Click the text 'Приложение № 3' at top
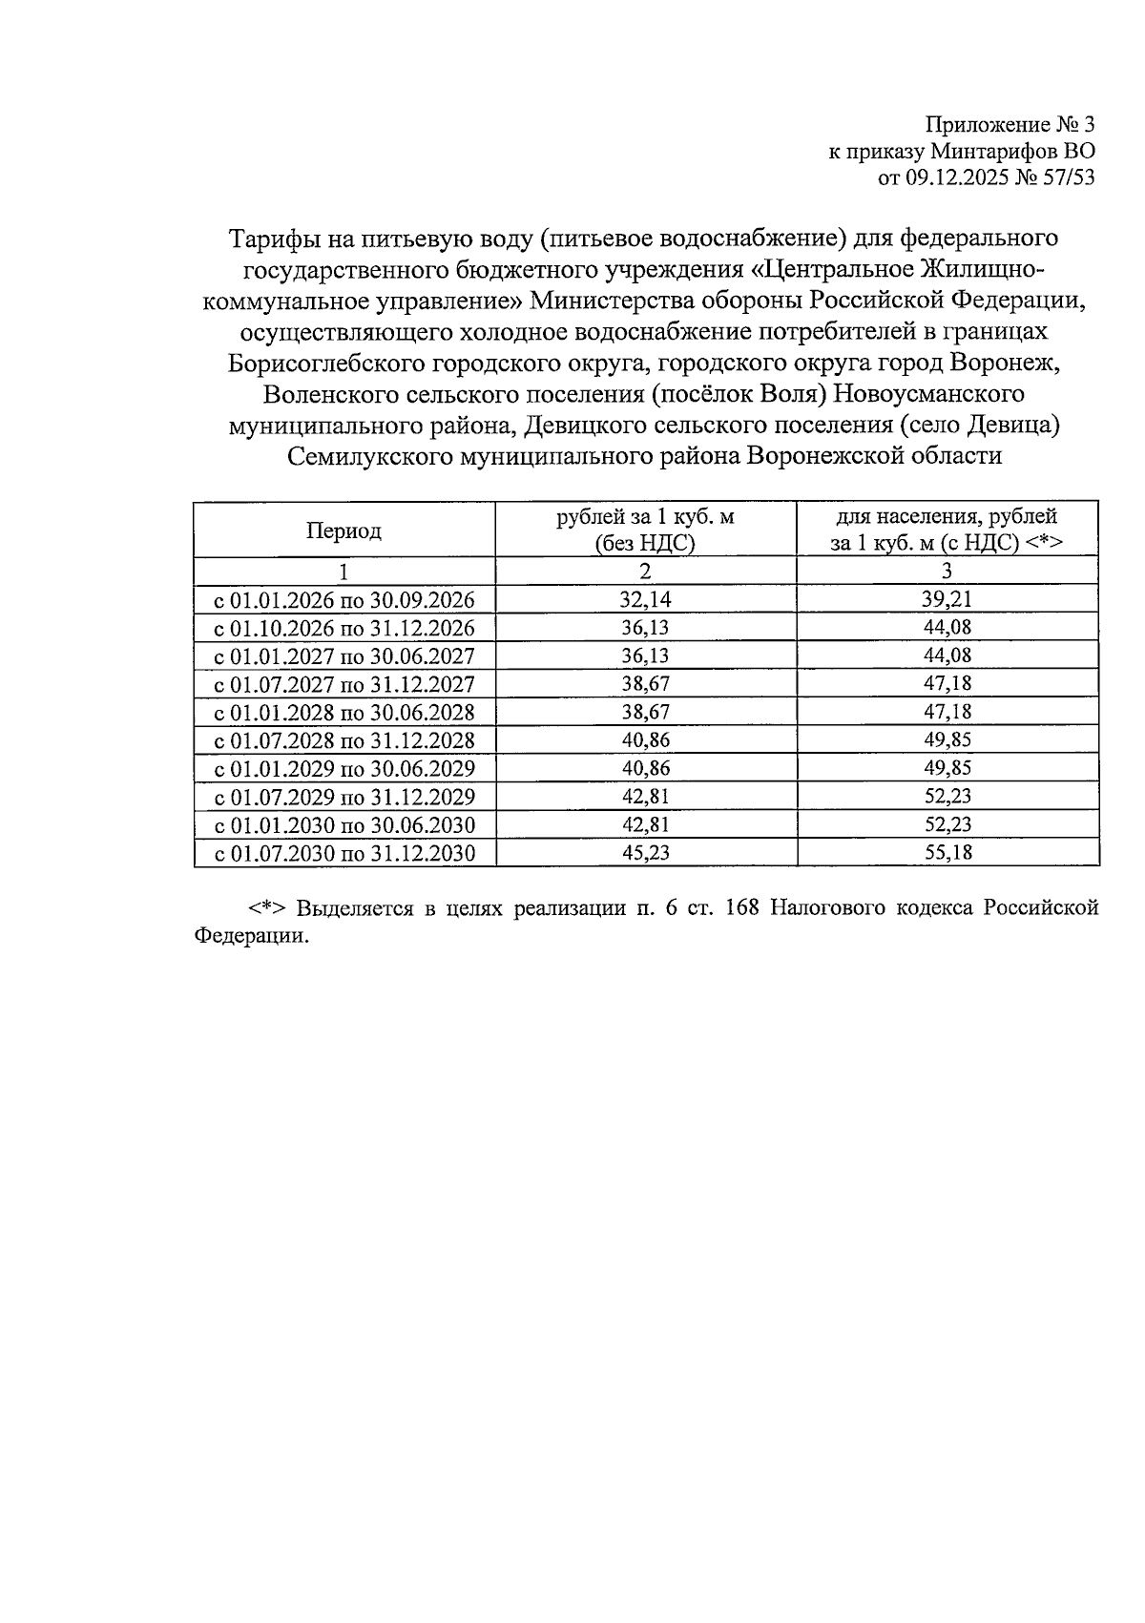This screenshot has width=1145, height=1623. (1010, 125)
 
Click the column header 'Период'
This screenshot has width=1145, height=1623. (343, 531)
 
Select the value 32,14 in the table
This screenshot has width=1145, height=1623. (645, 599)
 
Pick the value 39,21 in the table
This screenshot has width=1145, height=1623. (947, 599)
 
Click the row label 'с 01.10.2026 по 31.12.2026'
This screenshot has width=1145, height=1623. (343, 628)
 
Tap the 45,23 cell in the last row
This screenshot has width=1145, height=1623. (645, 852)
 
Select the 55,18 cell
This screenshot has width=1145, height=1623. (947, 852)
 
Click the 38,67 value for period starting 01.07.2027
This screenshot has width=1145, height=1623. (645, 684)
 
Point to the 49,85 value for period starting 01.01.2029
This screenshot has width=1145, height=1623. (947, 768)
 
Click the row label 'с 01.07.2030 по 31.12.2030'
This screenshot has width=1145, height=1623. (343, 852)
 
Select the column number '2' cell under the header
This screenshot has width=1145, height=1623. (645, 572)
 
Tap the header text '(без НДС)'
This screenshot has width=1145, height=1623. (645, 544)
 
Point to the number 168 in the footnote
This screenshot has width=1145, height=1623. (741, 907)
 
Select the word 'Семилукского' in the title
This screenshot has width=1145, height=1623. (370, 456)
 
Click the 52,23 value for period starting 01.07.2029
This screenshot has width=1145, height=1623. (947, 797)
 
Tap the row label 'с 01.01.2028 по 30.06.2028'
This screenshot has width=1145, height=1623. (343, 712)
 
